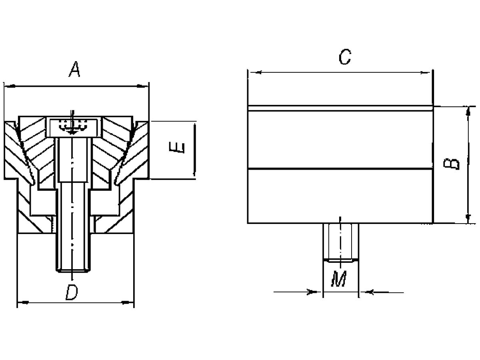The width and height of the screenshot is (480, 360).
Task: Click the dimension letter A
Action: pos(75,70)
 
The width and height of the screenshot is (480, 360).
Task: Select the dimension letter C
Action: pos(344,57)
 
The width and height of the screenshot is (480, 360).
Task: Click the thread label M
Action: pos(339,279)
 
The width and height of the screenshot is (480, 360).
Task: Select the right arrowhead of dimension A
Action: pos(143,86)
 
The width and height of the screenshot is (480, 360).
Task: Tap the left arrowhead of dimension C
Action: pos(254,72)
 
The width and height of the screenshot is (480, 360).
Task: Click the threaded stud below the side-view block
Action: pos(340,242)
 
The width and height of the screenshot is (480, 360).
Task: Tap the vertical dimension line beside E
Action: pos(194,150)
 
